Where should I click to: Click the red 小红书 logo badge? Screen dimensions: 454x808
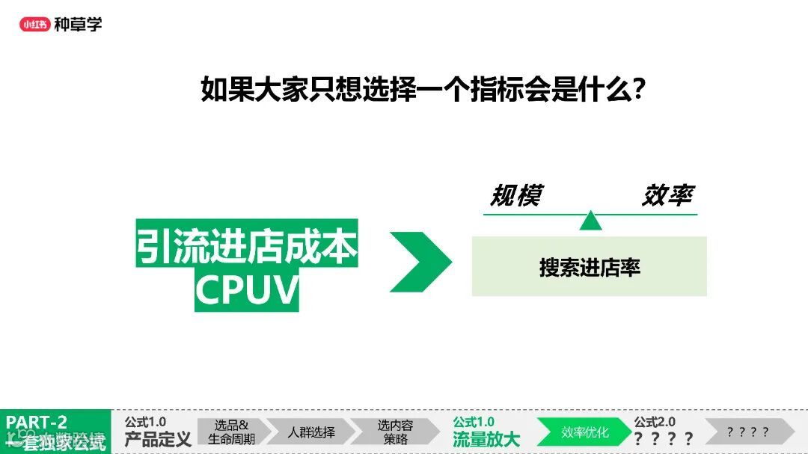pyautogui.click(x=34, y=24)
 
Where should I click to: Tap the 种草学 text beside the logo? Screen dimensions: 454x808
pyautogui.click(x=78, y=24)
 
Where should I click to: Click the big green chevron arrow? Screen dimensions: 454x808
pyautogui.click(x=420, y=262)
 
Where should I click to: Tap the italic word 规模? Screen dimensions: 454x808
pyautogui.click(x=515, y=196)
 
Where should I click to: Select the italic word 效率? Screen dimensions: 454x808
pyautogui.click(x=667, y=196)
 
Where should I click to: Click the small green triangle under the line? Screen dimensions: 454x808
pyautogui.click(x=590, y=221)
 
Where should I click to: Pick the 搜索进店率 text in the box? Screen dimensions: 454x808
pyautogui.click(x=590, y=267)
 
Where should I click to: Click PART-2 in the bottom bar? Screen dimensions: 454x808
pyautogui.click(x=37, y=422)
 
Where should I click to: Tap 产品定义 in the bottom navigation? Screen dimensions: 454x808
pyautogui.click(x=158, y=439)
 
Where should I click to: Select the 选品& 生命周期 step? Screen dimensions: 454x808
pyautogui.click(x=232, y=432)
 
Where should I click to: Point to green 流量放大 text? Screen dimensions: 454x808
pyautogui.click(x=486, y=439)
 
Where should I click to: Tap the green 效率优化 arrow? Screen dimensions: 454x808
pyautogui.click(x=584, y=432)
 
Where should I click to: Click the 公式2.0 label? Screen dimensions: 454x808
pyautogui.click(x=655, y=423)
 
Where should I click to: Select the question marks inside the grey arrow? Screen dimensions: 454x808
pyautogui.click(x=747, y=432)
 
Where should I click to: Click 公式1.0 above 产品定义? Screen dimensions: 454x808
pyautogui.click(x=145, y=423)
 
